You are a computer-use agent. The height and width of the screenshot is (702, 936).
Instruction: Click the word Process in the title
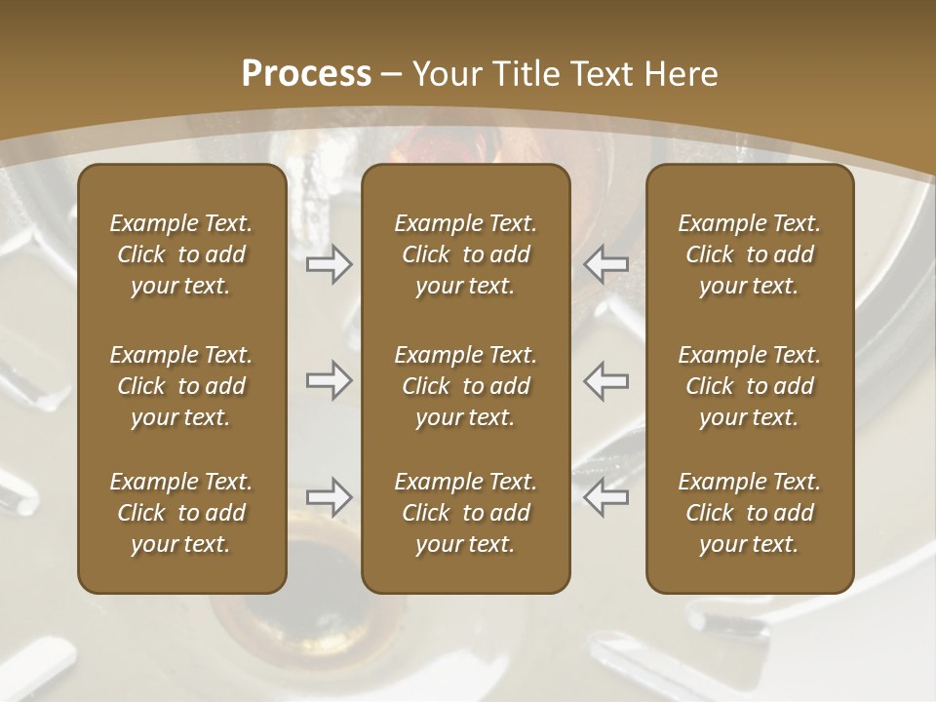pyautogui.click(x=306, y=74)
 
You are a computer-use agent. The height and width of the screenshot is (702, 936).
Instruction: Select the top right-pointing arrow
pyautogui.click(x=329, y=264)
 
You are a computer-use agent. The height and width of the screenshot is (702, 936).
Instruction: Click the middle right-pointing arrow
pyautogui.click(x=329, y=380)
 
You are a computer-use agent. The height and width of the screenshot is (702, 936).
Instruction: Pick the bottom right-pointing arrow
pyautogui.click(x=329, y=497)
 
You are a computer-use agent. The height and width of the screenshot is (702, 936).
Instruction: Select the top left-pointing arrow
pyautogui.click(x=605, y=264)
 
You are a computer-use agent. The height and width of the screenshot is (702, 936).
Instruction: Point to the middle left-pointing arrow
pyautogui.click(x=605, y=380)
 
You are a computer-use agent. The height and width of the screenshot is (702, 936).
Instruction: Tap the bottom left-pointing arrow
pyautogui.click(x=605, y=497)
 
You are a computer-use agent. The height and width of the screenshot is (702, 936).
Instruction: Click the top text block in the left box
pyautogui.click(x=181, y=254)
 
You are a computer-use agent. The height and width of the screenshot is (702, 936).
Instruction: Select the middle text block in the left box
pyautogui.click(x=181, y=386)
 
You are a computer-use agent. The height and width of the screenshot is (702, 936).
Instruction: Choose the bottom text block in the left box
pyautogui.click(x=181, y=513)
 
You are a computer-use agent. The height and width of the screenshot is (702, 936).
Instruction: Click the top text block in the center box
pyautogui.click(x=465, y=254)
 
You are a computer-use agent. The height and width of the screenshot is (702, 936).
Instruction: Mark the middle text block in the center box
pyautogui.click(x=465, y=386)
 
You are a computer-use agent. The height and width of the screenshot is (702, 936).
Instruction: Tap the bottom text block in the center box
pyautogui.click(x=465, y=513)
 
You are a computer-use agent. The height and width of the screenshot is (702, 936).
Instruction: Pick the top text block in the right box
pyautogui.click(x=749, y=254)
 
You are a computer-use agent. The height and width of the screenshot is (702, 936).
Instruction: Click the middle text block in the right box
pyautogui.click(x=749, y=386)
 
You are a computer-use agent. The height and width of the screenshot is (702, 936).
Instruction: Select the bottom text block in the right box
pyautogui.click(x=749, y=513)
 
